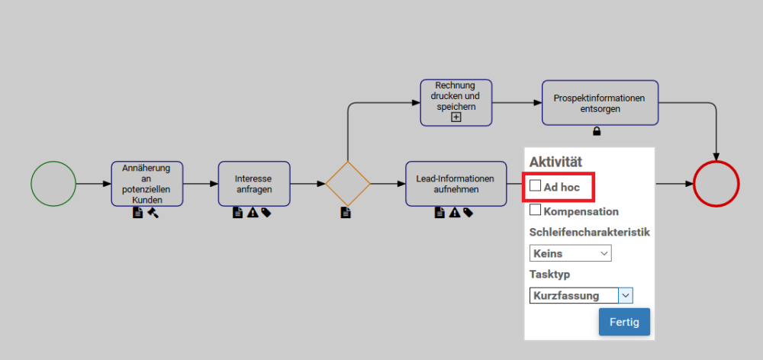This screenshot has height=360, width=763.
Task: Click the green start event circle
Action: pos(53,184)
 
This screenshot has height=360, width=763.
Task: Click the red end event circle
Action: pos(716,184)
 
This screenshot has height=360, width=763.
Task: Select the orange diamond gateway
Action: pos(348,184)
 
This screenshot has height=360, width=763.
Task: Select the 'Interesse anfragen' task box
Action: pos(254,184)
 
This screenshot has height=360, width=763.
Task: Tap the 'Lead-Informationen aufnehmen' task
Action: pos(456,184)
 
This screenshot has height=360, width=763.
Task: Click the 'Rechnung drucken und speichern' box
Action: pos(456,97)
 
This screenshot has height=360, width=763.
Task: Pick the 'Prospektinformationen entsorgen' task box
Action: pos(600,102)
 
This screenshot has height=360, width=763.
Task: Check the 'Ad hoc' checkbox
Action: pos(536,185)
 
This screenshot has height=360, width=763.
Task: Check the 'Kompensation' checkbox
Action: pos(536,210)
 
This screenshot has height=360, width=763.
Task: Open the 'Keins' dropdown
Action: pos(570,253)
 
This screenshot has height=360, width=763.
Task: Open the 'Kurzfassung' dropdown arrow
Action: pos(625,295)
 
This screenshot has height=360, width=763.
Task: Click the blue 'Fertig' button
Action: pos(624,322)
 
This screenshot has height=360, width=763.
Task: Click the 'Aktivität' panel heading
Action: pos(555,162)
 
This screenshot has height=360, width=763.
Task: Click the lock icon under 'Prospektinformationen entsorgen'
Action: pos(597,131)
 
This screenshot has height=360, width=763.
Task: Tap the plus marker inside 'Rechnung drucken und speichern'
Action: pos(456,117)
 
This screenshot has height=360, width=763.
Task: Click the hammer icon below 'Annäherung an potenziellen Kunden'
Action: pos(153,213)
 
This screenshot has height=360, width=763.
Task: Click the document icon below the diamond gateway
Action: pos(346,213)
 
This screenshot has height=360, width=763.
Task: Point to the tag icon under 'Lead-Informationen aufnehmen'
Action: pos(468,213)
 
